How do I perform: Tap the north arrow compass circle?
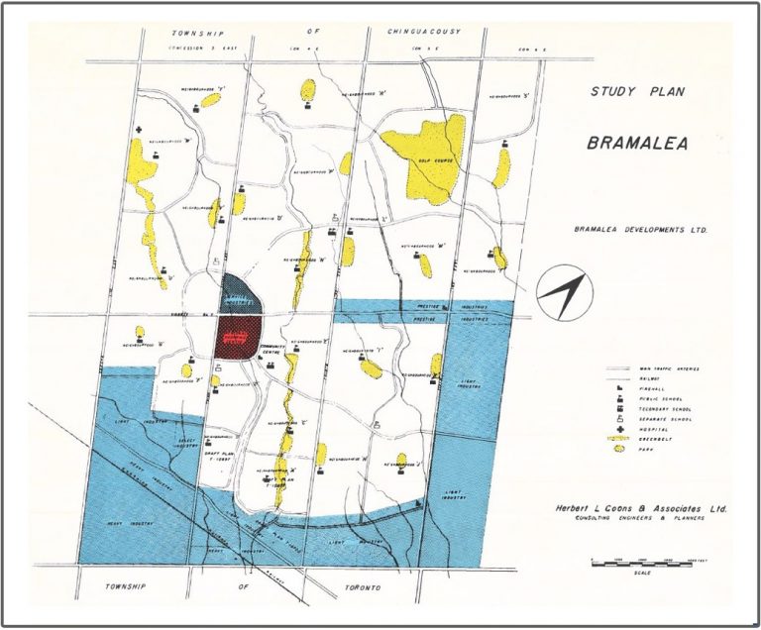561,291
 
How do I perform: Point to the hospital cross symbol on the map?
140,130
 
